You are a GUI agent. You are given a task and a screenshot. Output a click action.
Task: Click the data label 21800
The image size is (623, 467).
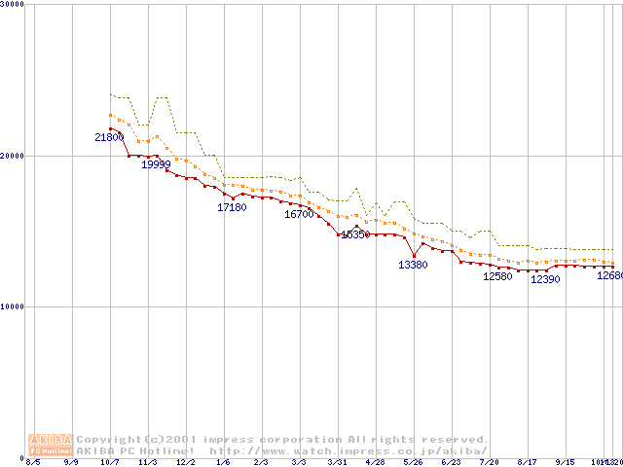coord(109,138)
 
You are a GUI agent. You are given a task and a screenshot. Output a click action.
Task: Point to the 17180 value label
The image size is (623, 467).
coord(232,207)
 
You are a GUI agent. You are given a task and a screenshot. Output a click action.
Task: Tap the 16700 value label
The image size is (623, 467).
coord(299,214)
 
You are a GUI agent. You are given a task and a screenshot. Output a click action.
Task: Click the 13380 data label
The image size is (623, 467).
coord(413,265)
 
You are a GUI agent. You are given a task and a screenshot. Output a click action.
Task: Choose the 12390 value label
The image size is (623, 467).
coord(545,279)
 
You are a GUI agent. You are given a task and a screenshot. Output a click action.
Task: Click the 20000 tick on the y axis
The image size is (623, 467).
coord(13,156)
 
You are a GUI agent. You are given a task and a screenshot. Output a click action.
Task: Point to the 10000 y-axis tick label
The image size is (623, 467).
coord(13,306)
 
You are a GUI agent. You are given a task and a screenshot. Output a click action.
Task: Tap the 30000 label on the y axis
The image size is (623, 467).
coord(13,4)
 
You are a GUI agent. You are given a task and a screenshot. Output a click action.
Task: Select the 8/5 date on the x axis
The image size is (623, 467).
coord(33,462)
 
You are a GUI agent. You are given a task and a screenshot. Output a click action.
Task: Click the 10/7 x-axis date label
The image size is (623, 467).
coord(109,462)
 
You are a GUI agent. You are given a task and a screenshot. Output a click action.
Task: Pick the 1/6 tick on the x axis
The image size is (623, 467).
coord(224,462)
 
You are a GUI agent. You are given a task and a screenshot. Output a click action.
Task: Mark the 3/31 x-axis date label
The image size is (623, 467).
coord(337,462)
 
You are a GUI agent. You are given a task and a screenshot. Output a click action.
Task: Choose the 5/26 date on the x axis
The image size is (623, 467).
coord(414,462)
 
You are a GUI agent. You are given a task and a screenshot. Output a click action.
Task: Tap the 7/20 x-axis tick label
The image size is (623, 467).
coord(490,462)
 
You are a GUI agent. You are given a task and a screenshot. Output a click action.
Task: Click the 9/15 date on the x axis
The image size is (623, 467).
coord(566,462)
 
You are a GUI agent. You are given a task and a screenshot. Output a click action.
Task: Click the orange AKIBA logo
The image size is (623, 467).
coord(52,445)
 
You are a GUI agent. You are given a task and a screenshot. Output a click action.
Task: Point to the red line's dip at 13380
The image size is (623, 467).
coord(415,256)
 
